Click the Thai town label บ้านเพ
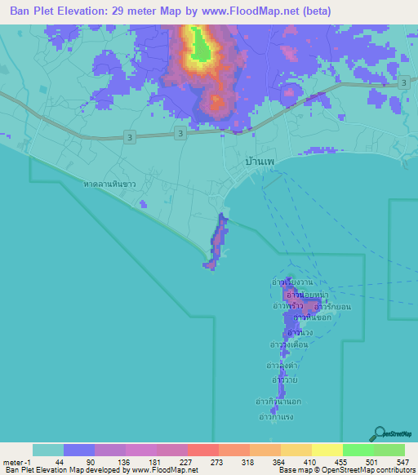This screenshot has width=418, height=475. [x=259, y=162]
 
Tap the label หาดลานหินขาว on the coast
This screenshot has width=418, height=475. [x=110, y=185]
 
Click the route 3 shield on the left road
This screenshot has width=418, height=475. [x=131, y=139]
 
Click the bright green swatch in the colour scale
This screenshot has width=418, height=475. [x=358, y=450]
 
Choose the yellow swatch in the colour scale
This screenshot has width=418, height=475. [x=327, y=450]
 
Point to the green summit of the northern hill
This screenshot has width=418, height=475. [x=200, y=50]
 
